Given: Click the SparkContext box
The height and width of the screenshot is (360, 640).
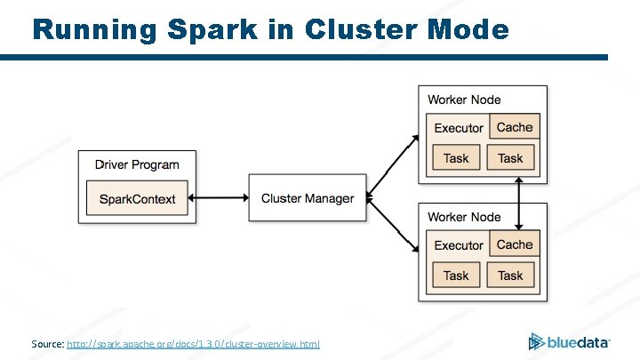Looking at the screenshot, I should [x=137, y=199].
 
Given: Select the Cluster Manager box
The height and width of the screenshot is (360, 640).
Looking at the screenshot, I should [x=307, y=199].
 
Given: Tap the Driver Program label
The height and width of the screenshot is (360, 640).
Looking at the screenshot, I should [x=136, y=164].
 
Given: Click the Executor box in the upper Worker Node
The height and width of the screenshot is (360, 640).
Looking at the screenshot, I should [x=459, y=128].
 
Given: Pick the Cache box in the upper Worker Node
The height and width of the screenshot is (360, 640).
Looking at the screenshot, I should [x=515, y=127].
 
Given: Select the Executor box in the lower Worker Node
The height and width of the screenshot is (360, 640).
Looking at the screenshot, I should [x=459, y=245].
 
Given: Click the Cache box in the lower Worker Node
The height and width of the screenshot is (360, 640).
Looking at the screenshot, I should [x=515, y=244].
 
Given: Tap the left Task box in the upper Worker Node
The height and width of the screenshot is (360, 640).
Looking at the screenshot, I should [x=456, y=158].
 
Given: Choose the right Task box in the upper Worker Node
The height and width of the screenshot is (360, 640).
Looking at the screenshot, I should [x=510, y=158].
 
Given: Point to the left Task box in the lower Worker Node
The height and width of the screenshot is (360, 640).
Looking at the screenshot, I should [x=456, y=276].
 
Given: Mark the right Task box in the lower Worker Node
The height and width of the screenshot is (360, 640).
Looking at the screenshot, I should [x=510, y=276].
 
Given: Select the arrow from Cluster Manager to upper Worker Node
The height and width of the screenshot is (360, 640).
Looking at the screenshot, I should [x=392, y=165].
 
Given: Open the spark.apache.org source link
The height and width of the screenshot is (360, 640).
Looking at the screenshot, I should [x=193, y=344].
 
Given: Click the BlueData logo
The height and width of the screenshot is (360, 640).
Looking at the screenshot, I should [x=569, y=341].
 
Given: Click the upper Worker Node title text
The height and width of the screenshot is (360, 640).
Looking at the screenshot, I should [x=464, y=100].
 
